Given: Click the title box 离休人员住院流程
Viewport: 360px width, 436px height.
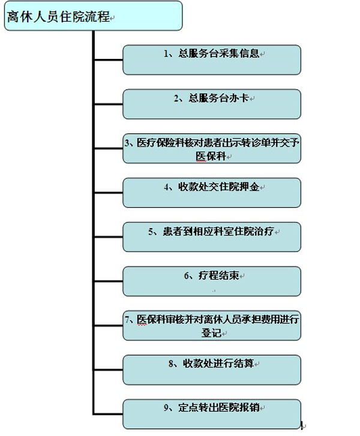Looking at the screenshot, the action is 94,16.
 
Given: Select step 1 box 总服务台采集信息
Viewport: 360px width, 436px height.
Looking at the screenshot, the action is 212,60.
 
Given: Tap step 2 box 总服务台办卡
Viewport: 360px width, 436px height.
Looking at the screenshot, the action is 212,104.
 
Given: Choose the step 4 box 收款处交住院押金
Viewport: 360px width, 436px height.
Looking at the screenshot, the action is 212,193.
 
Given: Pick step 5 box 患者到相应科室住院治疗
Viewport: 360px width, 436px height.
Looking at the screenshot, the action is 212,237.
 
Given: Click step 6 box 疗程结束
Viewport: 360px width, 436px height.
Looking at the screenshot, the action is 212,281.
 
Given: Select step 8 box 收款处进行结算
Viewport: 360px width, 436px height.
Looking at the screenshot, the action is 212,370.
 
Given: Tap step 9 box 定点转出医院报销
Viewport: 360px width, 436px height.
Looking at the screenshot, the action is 212,414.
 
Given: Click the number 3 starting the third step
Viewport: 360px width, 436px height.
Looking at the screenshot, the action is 127,143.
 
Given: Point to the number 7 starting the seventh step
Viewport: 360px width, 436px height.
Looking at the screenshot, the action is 127,319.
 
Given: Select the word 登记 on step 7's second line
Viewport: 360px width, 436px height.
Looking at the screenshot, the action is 211,333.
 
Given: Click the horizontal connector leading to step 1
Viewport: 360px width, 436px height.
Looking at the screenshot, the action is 109,59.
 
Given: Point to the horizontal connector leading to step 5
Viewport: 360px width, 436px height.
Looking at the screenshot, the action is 109,237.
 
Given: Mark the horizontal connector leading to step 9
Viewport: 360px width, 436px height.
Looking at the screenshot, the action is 109,414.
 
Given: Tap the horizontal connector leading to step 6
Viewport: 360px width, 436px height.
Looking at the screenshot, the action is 109,281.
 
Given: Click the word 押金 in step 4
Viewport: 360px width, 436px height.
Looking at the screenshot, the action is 249,187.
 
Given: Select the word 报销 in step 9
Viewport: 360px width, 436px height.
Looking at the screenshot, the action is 249,408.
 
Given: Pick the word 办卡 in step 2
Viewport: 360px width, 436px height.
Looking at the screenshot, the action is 239,98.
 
